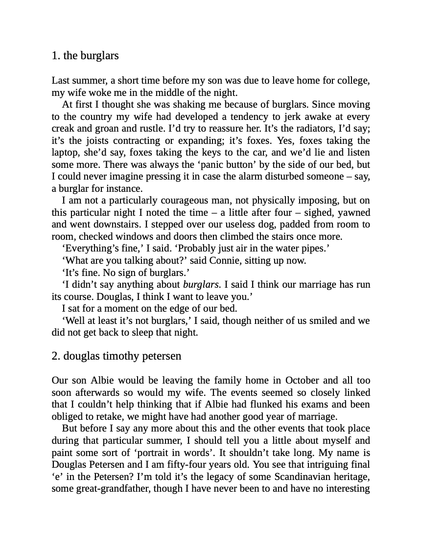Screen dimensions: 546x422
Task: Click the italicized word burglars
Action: pyautogui.click(x=201, y=285)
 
